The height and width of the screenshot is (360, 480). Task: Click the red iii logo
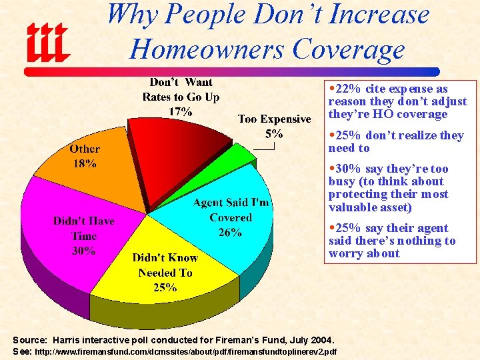(x=47, y=41)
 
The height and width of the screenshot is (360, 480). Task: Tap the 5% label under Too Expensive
(x=274, y=134)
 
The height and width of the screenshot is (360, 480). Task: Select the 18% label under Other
(x=85, y=163)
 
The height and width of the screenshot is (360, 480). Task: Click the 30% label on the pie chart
(x=85, y=251)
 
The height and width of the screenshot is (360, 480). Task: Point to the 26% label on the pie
(x=230, y=233)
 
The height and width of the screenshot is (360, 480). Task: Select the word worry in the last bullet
(x=345, y=253)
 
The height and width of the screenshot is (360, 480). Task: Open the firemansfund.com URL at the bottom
(x=185, y=351)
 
